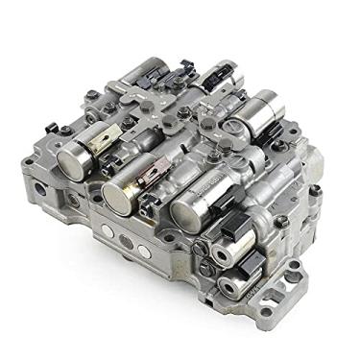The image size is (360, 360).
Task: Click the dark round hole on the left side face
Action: (39, 189)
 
